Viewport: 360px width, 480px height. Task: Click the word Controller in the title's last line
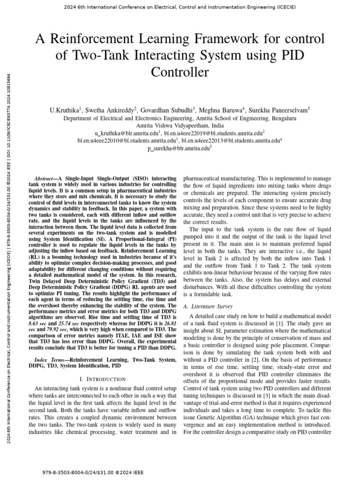180,73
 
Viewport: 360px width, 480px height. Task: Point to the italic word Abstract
45,179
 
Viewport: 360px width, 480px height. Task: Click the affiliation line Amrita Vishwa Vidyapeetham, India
180,126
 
